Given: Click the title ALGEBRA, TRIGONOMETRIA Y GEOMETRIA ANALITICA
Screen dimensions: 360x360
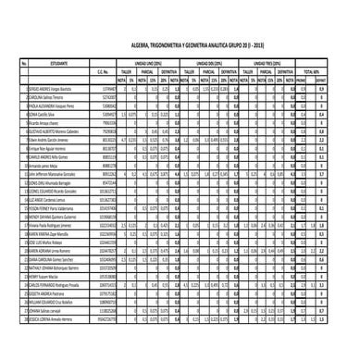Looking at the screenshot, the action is (179, 43).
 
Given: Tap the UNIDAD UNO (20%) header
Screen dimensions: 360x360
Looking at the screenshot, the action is (149, 63).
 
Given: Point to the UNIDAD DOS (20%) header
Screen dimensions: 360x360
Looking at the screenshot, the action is (207, 63).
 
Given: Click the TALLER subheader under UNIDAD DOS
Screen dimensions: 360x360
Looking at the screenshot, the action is (189, 71).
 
